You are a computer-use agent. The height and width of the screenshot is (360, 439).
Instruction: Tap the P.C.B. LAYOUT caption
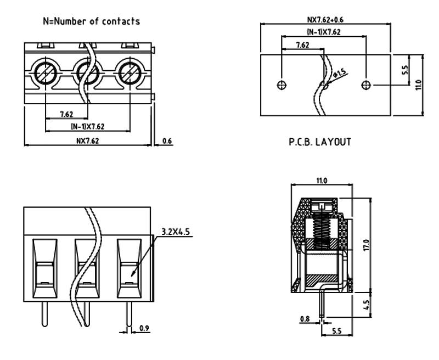pyautogui.click(x=319, y=142)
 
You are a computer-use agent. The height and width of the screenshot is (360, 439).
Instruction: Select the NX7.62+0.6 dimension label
pyautogui.click(x=325, y=19)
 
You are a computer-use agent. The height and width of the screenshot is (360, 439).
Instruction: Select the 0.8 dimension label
pyautogui.click(x=305, y=319)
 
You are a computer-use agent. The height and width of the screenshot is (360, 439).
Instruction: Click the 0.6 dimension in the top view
pyautogui.click(x=167, y=141)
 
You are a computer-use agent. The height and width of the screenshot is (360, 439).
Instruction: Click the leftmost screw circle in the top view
pyautogui.click(x=44, y=72)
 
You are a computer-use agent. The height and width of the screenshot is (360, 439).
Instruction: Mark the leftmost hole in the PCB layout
pyautogui.click(x=282, y=85)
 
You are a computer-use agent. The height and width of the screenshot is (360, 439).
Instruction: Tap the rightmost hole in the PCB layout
pyautogui.click(x=367, y=85)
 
